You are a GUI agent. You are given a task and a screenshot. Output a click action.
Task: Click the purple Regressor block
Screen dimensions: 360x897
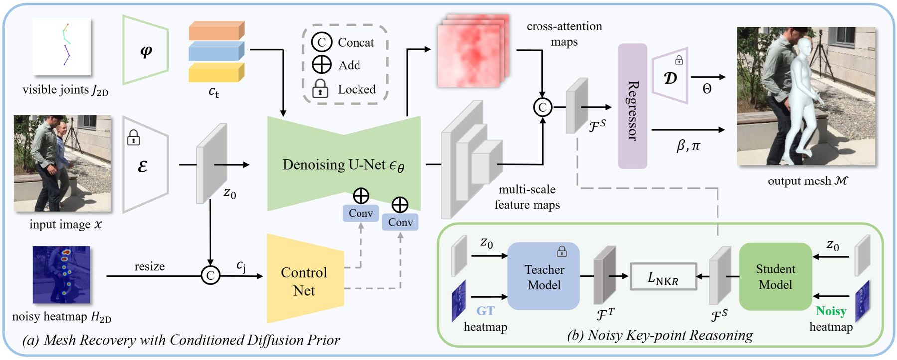(x=632, y=106)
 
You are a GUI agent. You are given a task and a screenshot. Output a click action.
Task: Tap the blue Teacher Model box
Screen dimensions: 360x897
(x=543, y=277)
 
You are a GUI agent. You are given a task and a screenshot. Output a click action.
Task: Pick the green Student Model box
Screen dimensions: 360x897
(x=775, y=277)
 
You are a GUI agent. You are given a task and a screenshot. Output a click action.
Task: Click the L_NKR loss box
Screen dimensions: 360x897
(x=663, y=277)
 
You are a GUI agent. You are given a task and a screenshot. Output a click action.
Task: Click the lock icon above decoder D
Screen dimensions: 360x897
(x=679, y=60)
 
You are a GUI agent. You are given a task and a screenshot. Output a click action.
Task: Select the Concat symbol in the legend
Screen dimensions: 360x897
(x=321, y=42)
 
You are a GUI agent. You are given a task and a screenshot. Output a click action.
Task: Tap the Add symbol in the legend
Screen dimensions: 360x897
(x=321, y=65)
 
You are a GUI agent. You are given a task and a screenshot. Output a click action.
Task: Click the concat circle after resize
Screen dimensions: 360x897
(x=210, y=275)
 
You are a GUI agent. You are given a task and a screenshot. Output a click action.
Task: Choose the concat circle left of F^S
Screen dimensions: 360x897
(x=542, y=107)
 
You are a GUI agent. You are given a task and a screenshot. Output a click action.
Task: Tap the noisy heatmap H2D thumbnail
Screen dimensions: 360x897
(x=61, y=275)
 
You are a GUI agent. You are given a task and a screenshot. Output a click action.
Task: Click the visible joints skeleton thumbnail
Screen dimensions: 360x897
(x=62, y=46)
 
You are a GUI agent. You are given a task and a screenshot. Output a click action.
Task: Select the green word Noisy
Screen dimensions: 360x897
(x=831, y=311)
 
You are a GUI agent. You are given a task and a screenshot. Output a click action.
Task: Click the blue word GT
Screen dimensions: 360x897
(x=485, y=311)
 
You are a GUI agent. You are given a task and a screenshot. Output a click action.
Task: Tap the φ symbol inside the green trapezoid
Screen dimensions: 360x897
(x=146, y=51)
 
